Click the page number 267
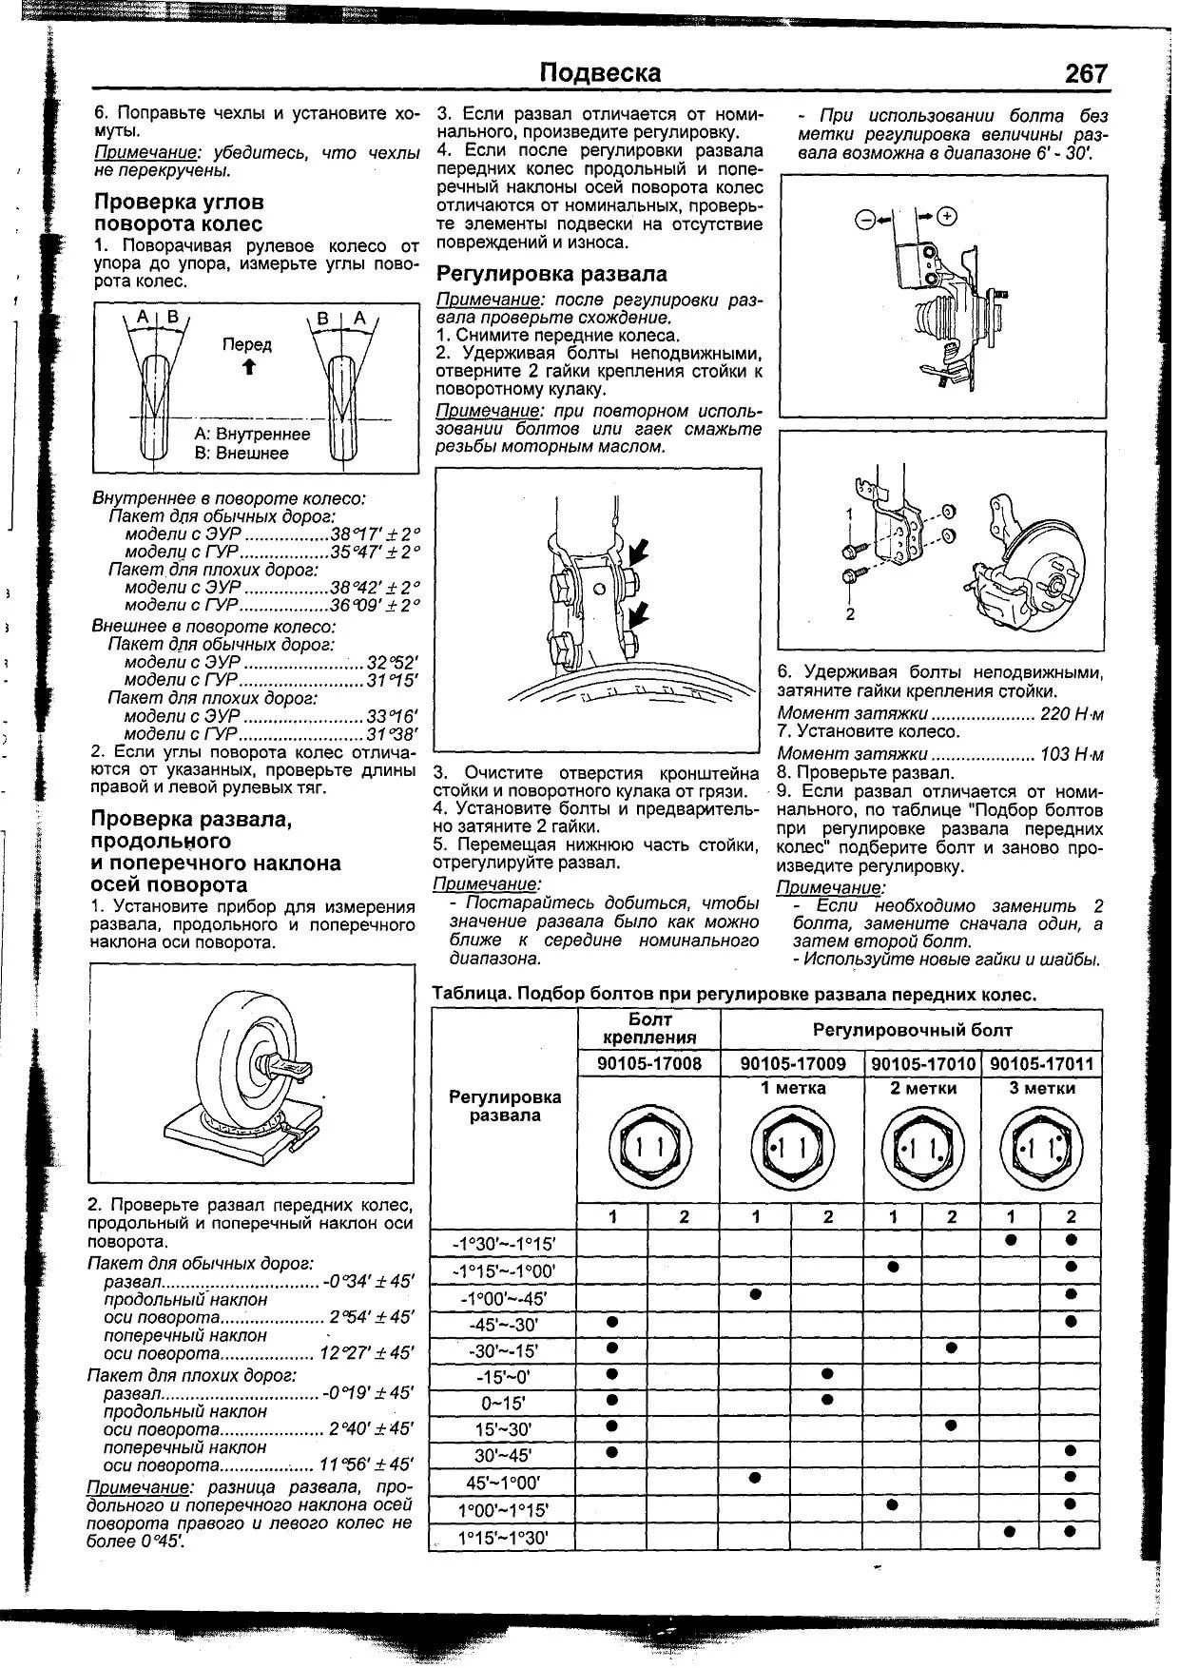coord(1086,73)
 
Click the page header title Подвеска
coord(600,73)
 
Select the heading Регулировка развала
coord(551,274)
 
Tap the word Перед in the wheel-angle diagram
coord(246,344)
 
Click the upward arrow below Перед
coord(248,366)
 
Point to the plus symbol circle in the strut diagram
coord(946,217)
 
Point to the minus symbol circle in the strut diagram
coord(865,220)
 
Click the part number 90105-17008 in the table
coord(649,1064)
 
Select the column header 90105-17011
coord(1042,1064)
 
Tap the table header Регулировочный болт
coord(912,1030)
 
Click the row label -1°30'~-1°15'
coord(505,1243)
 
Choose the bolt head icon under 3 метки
coord(1042,1148)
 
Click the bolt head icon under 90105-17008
coord(649,1148)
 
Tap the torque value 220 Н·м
coord(1073,713)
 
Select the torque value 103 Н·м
coord(1073,754)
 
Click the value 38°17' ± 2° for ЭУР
coord(375,533)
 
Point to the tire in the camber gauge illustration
coord(238,1056)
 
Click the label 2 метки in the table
coord(922,1088)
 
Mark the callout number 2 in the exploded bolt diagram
coord(850,614)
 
